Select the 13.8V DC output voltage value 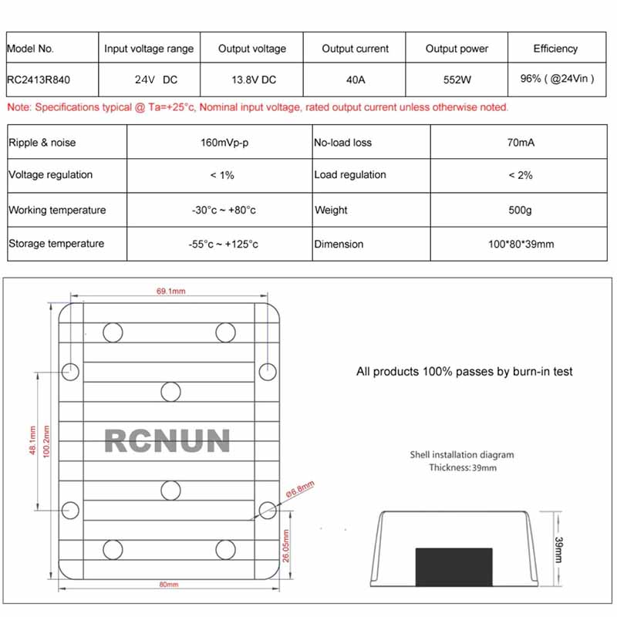point(251,79)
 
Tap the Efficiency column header point(555,49)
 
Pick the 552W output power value point(457,79)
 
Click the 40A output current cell point(355,79)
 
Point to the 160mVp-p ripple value point(221,143)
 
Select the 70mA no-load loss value point(521,143)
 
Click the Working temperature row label point(57,210)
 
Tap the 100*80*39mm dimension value point(521,244)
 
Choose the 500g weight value point(521,210)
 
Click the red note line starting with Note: point(258,107)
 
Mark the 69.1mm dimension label point(171,292)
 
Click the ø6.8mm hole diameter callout point(300,488)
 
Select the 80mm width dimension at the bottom point(168,585)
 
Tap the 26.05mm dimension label point(287,546)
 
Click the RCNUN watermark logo point(167,440)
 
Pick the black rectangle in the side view point(453,565)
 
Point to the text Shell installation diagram point(462,455)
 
